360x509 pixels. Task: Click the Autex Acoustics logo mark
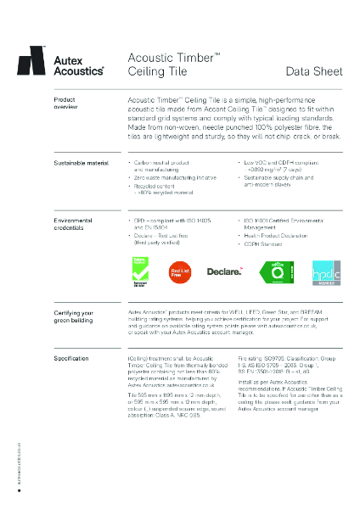[x=32, y=60]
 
